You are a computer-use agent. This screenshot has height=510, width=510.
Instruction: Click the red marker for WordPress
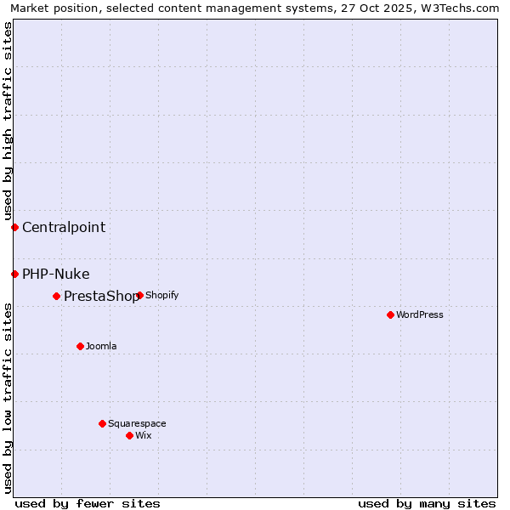(x=390, y=314)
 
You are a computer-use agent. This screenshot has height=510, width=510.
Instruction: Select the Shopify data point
(x=139, y=295)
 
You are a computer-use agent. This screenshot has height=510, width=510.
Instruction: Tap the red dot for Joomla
(x=80, y=346)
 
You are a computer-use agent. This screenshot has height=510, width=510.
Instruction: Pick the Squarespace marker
(x=102, y=423)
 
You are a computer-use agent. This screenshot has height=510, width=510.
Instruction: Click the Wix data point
(x=129, y=435)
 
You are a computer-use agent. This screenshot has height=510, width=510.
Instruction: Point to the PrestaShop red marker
(x=56, y=296)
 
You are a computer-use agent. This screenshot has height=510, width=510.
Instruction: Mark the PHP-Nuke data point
(x=14, y=274)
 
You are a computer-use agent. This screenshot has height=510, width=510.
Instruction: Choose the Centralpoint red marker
(x=14, y=227)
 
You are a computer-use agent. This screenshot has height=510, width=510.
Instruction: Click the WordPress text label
(x=420, y=314)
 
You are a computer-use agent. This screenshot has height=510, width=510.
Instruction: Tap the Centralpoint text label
(x=64, y=227)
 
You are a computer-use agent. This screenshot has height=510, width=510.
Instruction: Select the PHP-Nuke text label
(x=56, y=274)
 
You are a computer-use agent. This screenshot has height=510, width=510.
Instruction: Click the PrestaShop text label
(x=100, y=297)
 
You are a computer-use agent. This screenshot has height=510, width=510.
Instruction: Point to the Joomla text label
(x=101, y=346)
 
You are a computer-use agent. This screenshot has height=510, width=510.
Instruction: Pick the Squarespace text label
(x=137, y=423)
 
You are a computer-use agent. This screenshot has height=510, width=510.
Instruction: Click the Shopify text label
(x=161, y=295)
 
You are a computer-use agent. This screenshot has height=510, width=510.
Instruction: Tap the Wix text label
(x=144, y=435)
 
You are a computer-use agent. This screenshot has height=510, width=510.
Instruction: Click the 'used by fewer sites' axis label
(x=88, y=503)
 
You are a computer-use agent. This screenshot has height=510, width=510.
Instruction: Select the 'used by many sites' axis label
(x=427, y=503)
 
